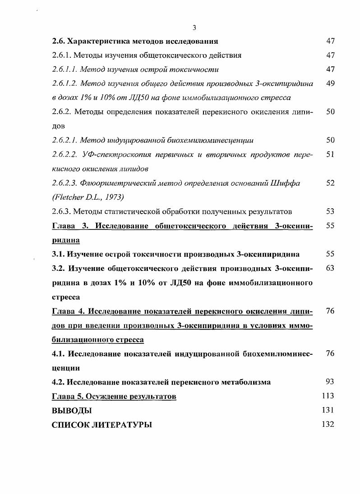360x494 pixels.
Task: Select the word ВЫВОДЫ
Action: pos(72,410)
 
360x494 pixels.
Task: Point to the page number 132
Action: pos(328,424)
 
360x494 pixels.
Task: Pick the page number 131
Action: pos(328,410)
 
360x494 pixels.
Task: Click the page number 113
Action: pos(328,396)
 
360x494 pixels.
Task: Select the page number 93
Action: pos(330,382)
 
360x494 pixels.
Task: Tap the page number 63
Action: pos(330,268)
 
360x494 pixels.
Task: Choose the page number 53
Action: pos(330,211)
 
